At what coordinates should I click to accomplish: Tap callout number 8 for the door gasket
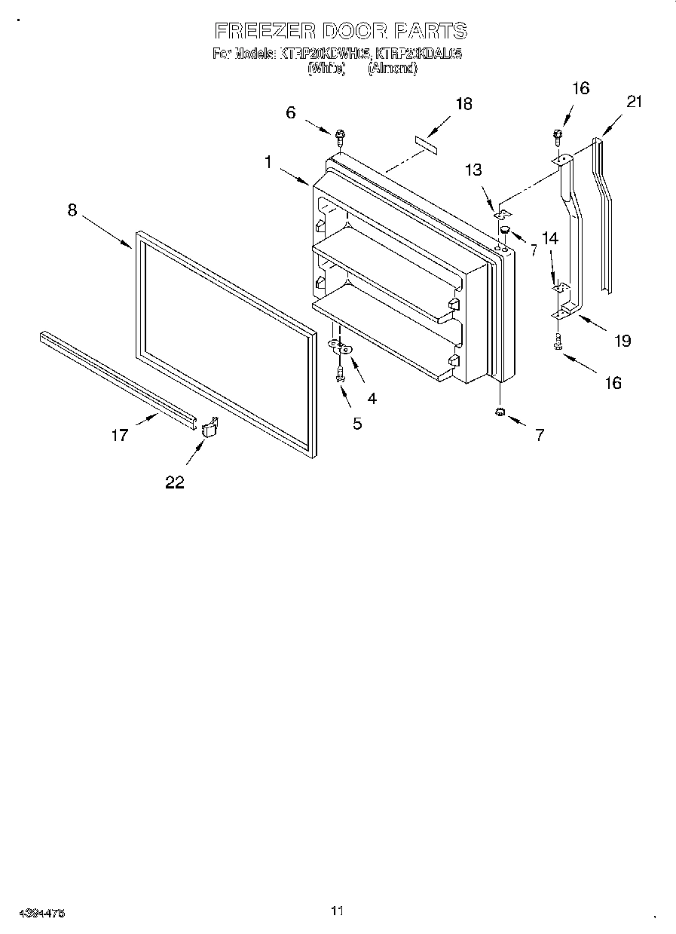pyautogui.click(x=72, y=210)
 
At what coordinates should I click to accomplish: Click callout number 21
pyautogui.click(x=634, y=101)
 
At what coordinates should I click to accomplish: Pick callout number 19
pyautogui.click(x=622, y=341)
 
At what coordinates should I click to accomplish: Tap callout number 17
pyautogui.click(x=121, y=435)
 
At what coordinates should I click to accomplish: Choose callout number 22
pyautogui.click(x=175, y=482)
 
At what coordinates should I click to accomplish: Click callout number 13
pyautogui.click(x=473, y=170)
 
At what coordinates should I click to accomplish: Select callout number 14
pyautogui.click(x=550, y=239)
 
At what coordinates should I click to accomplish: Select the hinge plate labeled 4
pyautogui.click(x=341, y=348)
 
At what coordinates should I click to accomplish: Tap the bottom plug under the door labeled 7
pyautogui.click(x=500, y=412)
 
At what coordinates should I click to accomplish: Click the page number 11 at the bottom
pyautogui.click(x=337, y=911)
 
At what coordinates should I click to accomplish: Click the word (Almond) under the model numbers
pyautogui.click(x=392, y=69)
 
